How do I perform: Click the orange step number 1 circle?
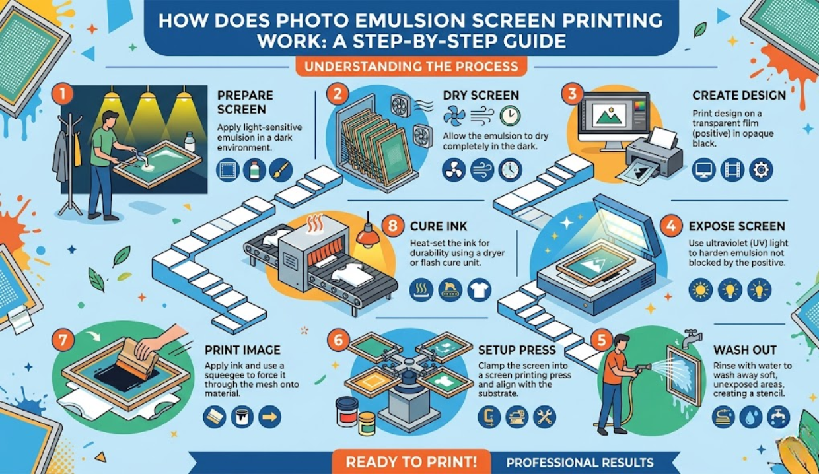[x=63, y=94]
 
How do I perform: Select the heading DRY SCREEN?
[x=481, y=95]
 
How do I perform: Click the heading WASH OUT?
[x=745, y=350]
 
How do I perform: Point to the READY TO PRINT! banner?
[x=411, y=462]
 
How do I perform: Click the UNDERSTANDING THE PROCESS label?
[x=411, y=67]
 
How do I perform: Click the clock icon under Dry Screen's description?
[x=510, y=170]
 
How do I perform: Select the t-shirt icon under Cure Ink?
[x=479, y=290]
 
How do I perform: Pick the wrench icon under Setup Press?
[x=544, y=417]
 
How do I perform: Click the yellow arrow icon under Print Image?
[x=270, y=417]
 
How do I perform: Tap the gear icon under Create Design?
[x=761, y=170]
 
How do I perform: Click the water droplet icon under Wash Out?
[x=750, y=417]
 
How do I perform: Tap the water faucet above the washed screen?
[x=692, y=339]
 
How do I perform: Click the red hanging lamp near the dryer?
[x=368, y=235]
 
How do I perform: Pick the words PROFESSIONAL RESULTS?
[x=580, y=463]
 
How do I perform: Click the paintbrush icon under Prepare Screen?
[x=281, y=170]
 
